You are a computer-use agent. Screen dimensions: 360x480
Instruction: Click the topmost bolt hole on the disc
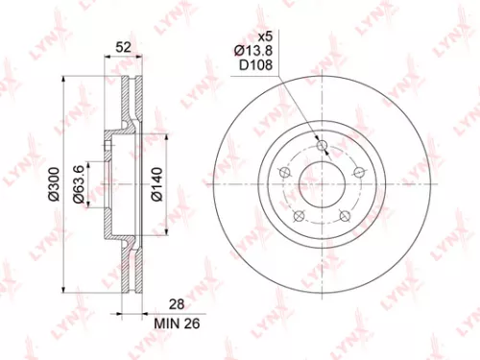(x=324, y=146)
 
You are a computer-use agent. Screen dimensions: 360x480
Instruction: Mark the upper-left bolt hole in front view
(x=284, y=173)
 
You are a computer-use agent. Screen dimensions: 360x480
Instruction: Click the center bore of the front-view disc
(x=323, y=182)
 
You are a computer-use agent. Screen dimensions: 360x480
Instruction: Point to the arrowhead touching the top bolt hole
(x=321, y=138)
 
